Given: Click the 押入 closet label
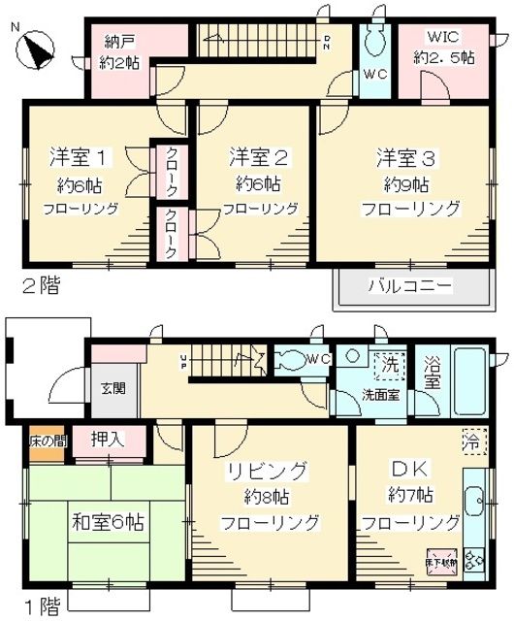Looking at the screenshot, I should [x=107, y=440].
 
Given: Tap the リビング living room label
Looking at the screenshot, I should [x=268, y=472].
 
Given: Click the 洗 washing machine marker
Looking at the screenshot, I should [x=388, y=370].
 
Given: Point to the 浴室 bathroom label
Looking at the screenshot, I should [x=433, y=375].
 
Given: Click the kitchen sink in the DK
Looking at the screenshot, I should [x=474, y=503].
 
